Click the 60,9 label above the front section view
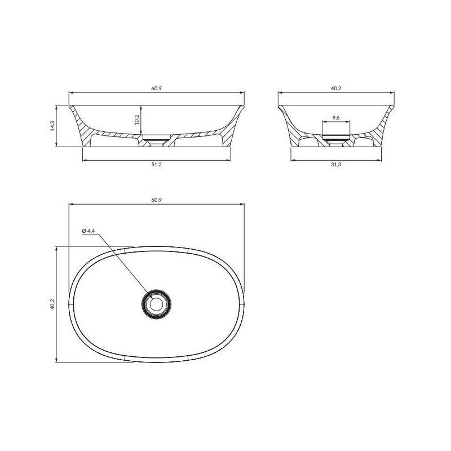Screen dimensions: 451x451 (157, 89)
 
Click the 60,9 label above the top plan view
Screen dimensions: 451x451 (157, 200)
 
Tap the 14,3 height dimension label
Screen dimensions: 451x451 (52, 126)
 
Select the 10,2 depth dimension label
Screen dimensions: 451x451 (136, 120)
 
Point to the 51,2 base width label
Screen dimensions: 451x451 (157, 165)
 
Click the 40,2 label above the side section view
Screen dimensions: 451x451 (335, 89)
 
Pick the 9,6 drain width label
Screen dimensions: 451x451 (335, 117)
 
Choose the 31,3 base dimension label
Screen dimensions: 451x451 (335, 165)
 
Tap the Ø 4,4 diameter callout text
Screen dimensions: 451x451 (89, 231)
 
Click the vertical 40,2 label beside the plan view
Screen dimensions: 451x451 (52, 304)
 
